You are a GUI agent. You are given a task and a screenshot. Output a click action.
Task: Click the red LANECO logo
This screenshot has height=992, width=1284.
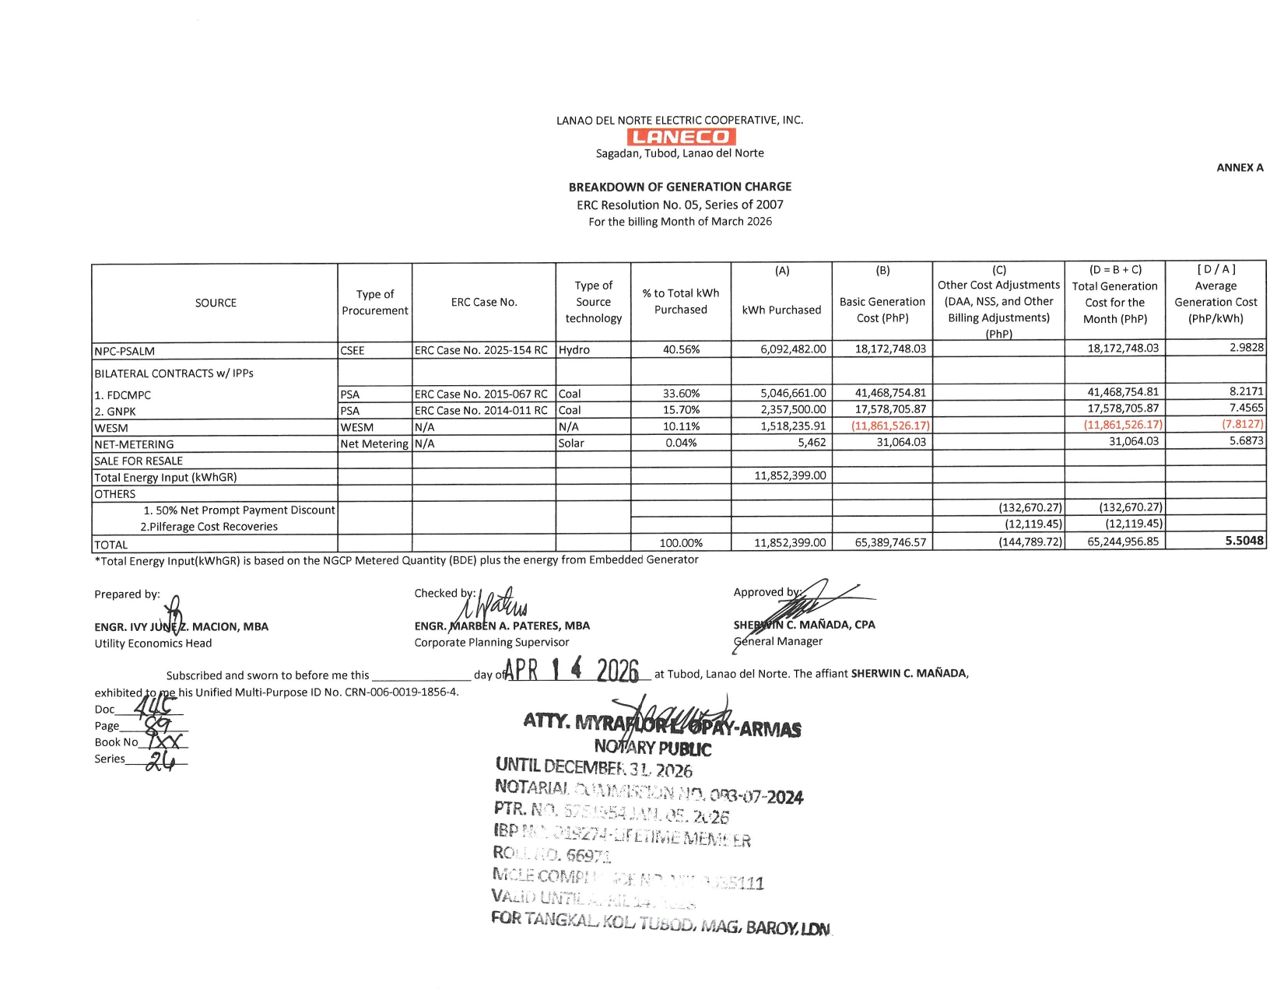[680, 137]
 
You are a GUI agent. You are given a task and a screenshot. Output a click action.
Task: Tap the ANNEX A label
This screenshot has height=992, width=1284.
[1240, 167]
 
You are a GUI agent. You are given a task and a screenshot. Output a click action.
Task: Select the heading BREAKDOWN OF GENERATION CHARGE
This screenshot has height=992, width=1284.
[679, 187]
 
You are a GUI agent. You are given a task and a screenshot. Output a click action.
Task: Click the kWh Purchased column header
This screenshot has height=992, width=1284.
[781, 310]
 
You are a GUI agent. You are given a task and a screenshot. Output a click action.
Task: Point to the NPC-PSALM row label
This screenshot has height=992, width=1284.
[125, 351]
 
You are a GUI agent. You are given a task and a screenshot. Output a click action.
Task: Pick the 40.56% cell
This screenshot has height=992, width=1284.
[681, 349]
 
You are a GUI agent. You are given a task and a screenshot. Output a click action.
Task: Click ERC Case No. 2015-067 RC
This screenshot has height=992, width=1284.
[481, 394]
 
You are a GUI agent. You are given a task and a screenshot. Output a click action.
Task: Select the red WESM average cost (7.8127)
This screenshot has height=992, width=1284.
[1242, 424]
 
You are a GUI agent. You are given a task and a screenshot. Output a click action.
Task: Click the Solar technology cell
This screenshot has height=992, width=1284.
[571, 443]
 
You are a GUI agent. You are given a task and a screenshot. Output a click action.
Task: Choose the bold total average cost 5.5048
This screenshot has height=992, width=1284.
[1244, 541]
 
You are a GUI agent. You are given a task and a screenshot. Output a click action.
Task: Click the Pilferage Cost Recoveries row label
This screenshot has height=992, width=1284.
[209, 527]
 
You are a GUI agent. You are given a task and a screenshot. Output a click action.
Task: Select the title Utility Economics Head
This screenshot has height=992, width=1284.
[153, 643]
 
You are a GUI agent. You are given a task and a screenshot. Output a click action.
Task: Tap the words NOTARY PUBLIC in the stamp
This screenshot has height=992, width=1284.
[652, 748]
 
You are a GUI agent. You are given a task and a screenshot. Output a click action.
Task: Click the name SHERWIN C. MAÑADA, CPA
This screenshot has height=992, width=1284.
[804, 625]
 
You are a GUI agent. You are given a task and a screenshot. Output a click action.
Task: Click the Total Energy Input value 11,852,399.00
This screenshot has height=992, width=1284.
[790, 475]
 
